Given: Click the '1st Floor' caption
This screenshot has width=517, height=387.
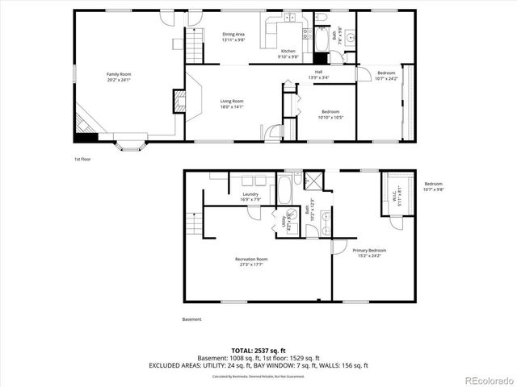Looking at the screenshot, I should (82, 159).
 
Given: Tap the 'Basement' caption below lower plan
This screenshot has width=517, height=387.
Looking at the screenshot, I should (191, 319).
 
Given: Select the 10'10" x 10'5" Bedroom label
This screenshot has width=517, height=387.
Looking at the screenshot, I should (330, 114).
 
